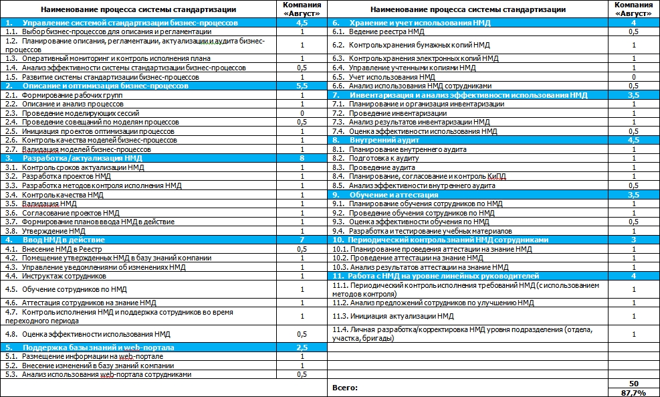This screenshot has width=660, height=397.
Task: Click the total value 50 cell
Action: coord(633,383)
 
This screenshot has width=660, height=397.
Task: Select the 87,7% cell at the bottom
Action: coord(633,392)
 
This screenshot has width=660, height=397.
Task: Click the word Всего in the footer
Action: coord(345,388)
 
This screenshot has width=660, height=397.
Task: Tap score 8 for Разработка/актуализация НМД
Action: coord(302,159)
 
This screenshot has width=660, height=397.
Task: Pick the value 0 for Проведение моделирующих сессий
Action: coord(302,114)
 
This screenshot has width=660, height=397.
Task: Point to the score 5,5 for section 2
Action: coord(302,86)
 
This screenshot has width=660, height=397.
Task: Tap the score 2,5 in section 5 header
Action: coord(302,347)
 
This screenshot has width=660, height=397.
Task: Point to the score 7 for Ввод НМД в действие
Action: coord(302,240)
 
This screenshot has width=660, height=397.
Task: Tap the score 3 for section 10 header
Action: coord(633,240)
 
